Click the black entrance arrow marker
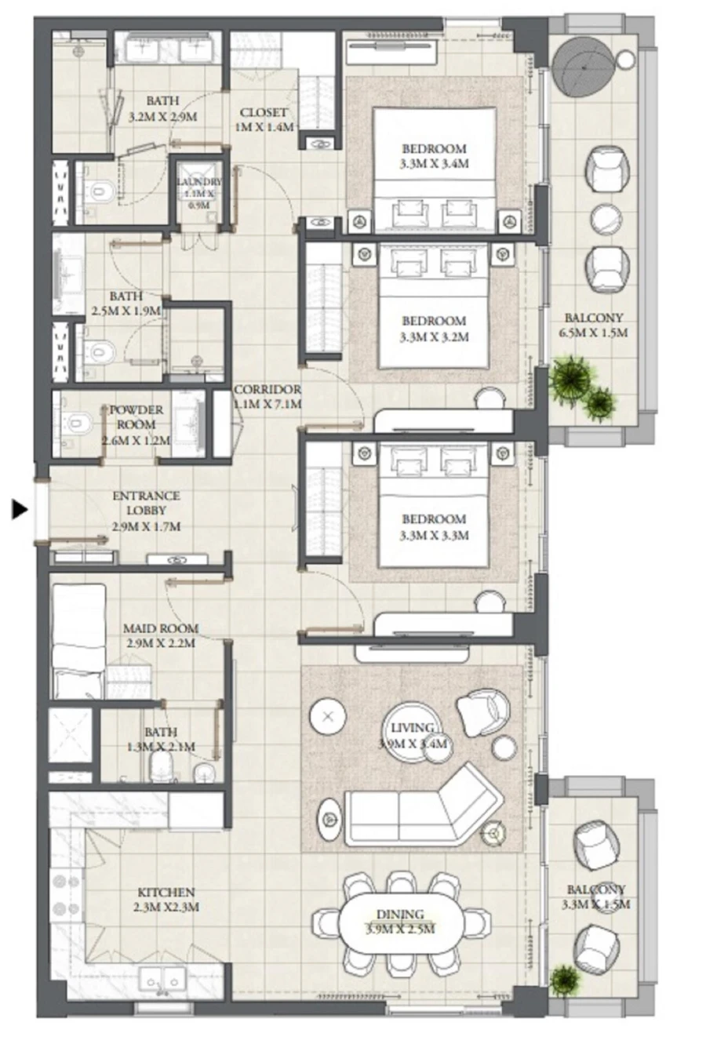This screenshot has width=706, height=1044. [20, 510]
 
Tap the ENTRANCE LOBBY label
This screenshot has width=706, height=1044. [146, 511]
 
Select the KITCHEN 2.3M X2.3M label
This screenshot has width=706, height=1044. [166, 900]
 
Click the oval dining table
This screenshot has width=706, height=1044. [400, 922]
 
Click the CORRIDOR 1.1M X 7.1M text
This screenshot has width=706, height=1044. [267, 397]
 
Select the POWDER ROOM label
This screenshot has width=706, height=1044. [136, 424]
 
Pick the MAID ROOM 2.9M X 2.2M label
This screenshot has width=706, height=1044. [161, 635]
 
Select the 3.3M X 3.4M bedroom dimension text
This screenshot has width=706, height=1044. [434, 164]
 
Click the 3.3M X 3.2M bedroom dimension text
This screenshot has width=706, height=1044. [434, 336]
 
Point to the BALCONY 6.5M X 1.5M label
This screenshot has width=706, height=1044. [593, 325]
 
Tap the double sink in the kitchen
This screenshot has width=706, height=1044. [162, 980]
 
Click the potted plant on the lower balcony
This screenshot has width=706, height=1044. [563, 980]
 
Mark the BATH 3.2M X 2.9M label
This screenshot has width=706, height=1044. [162, 109]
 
